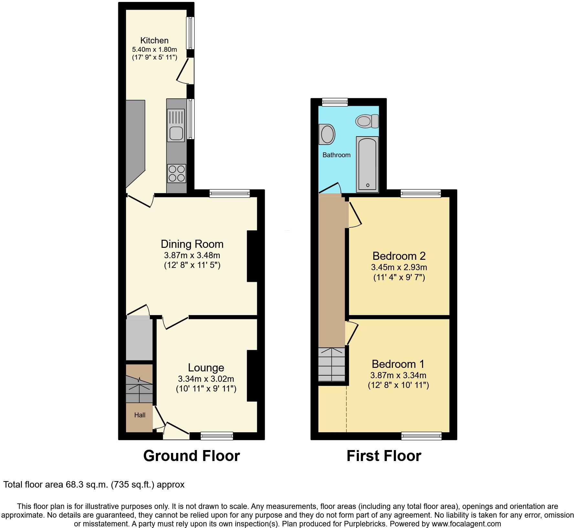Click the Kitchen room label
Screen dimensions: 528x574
click(x=154, y=40)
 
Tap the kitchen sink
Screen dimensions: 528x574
click(x=176, y=125)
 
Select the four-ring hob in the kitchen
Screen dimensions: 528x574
click(x=176, y=173)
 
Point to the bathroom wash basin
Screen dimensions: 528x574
click(x=327, y=134)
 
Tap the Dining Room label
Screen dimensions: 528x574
click(x=192, y=244)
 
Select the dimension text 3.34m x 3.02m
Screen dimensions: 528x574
click(x=206, y=379)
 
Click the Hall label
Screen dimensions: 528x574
click(x=140, y=415)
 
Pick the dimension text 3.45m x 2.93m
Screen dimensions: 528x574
click(x=399, y=267)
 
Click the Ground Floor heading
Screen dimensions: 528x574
click(x=191, y=456)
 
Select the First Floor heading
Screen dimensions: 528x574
click(x=384, y=456)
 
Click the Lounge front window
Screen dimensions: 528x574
click(x=217, y=436)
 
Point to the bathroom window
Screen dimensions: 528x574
click(x=335, y=102)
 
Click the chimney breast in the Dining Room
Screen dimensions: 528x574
click(x=252, y=256)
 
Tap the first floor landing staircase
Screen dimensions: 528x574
click(x=332, y=365)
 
